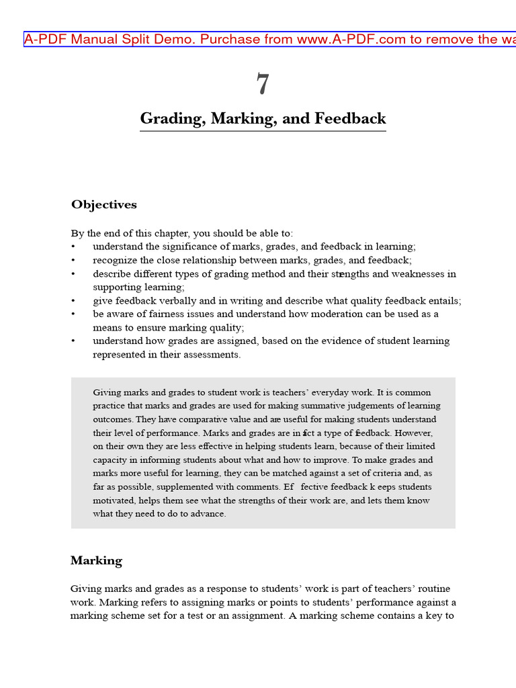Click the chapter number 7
pyautogui.click(x=262, y=85)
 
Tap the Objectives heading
pyautogui.click(x=104, y=205)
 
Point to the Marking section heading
pyautogui.click(x=96, y=560)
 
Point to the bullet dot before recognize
pyautogui.click(x=73, y=261)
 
